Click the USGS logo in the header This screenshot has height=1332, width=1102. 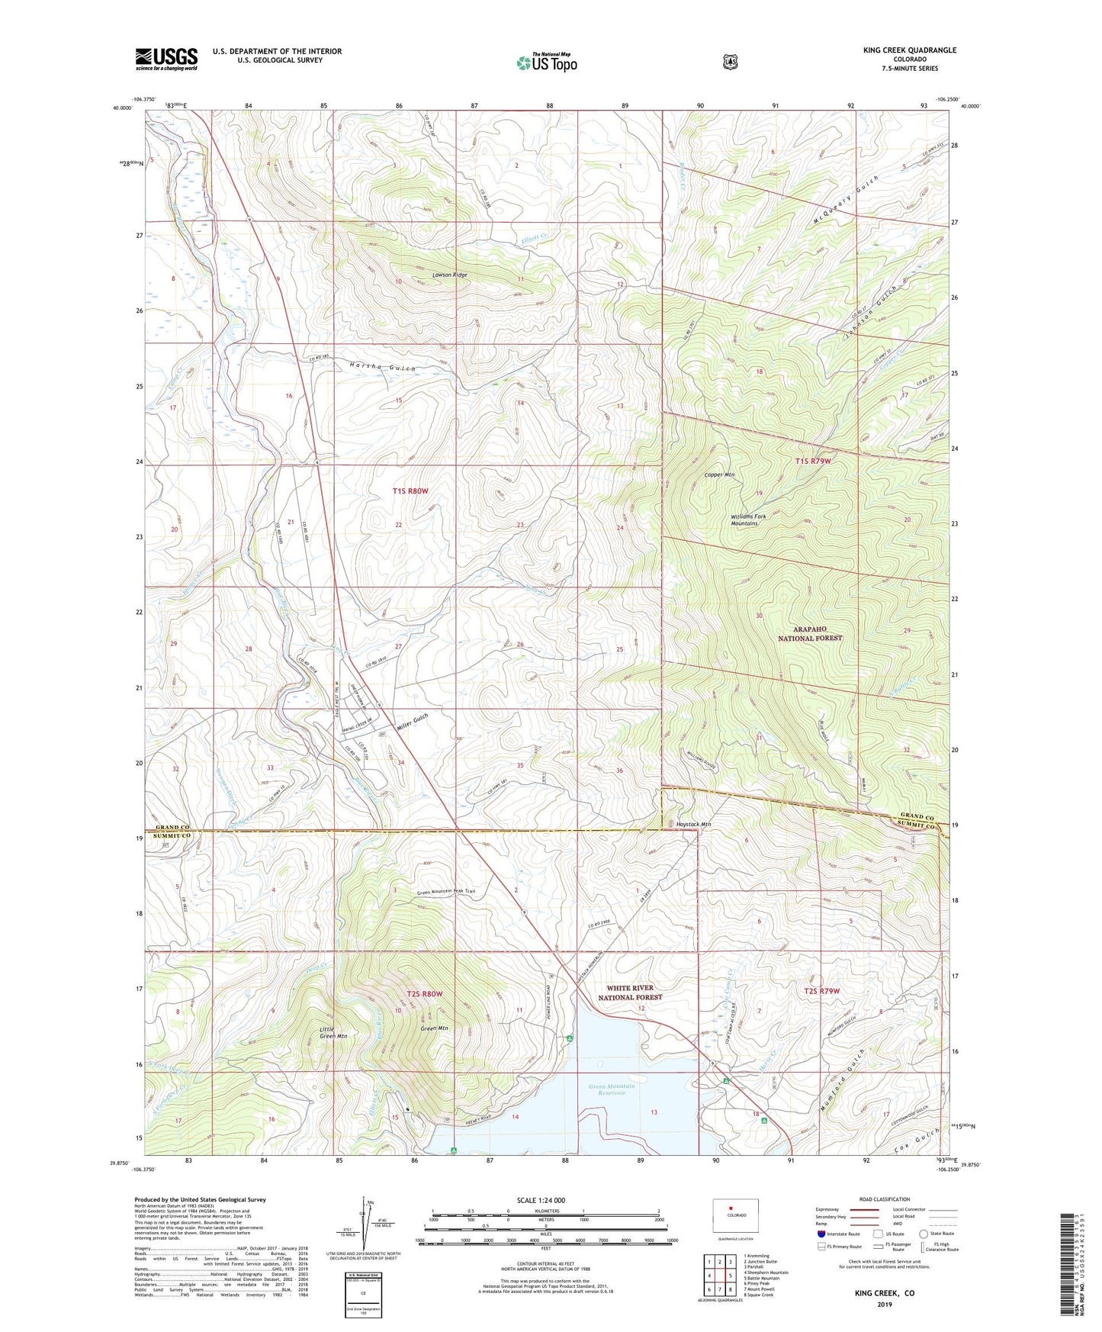pyautogui.click(x=166, y=59)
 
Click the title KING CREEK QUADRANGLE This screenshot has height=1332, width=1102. pyautogui.click(x=909, y=50)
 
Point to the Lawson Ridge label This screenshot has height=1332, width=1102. pyautogui.click(x=449, y=275)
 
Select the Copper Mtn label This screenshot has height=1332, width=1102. pyautogui.click(x=719, y=475)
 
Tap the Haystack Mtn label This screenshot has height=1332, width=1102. pyautogui.click(x=693, y=824)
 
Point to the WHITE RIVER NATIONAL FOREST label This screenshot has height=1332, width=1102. pyautogui.click(x=631, y=992)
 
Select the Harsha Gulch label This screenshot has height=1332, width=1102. pyautogui.click(x=383, y=368)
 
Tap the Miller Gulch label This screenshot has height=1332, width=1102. pyautogui.click(x=413, y=722)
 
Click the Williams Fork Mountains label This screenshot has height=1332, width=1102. pyautogui.click(x=744, y=520)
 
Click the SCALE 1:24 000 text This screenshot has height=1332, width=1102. pyautogui.click(x=541, y=1200)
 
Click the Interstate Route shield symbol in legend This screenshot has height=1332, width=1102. pyautogui.click(x=821, y=1234)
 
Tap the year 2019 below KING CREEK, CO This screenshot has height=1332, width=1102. pyautogui.click(x=884, y=1304)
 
